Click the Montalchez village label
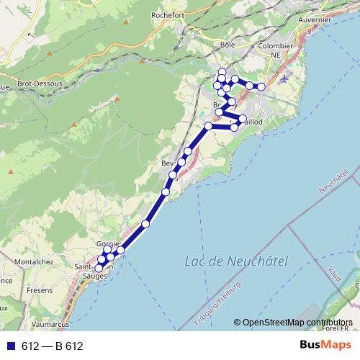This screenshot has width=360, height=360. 34,261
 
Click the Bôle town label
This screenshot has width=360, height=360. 228,45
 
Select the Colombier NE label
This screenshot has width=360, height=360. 275,50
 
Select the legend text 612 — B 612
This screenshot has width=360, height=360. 51,346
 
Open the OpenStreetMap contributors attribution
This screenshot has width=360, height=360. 297,322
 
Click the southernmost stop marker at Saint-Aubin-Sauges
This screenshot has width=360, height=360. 99,269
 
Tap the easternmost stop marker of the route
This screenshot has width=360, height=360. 262,87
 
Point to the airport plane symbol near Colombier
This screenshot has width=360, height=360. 286,78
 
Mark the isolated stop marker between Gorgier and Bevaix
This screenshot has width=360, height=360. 145,224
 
